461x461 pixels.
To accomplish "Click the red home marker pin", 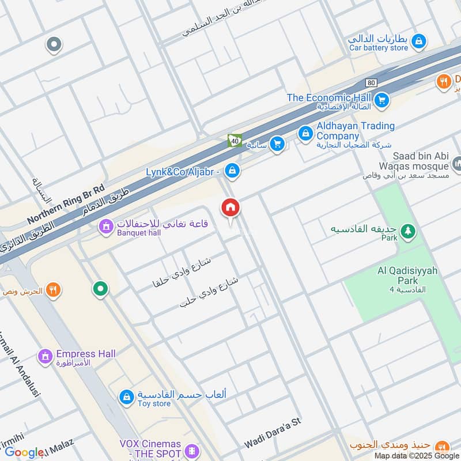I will coord(231,207).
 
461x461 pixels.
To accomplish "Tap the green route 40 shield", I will coord(234,141).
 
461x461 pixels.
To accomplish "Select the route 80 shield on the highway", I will coord(371,83).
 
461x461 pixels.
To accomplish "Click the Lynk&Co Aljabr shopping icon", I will coord(232,171).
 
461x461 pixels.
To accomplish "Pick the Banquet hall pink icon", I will coord(105,228).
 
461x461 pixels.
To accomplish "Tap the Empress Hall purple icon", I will coord(45,357).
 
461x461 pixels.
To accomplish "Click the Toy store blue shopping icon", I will coord(126,396).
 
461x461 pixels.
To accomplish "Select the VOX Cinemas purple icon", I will coord(193,449).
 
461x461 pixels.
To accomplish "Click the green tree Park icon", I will coord(408,231).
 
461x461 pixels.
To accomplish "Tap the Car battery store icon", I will coord(421,41).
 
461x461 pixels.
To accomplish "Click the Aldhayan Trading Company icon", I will coord(305,134).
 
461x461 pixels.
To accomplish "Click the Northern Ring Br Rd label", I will coord(66,205).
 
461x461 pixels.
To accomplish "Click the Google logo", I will coord(24,452).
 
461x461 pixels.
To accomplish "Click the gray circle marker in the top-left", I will coord(54,44).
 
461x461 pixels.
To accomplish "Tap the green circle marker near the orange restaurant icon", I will coord(101,289).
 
